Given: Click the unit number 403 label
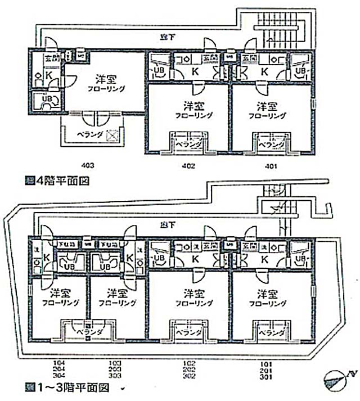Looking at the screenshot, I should (x=87, y=165).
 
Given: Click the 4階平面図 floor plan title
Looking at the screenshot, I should (x=58, y=181).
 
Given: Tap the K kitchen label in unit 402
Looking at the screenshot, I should (x=195, y=71).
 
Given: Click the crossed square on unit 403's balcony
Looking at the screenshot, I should (x=111, y=135).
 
